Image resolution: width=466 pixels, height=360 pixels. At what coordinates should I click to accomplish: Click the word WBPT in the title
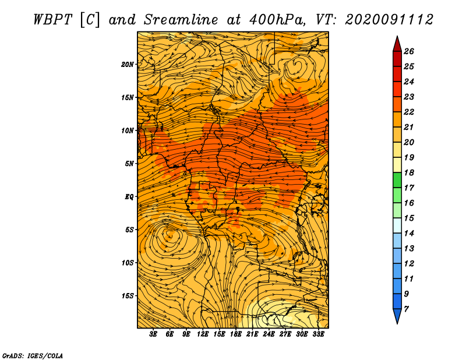point(52,20)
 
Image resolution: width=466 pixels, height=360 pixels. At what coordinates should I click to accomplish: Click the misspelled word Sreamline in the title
point(181,20)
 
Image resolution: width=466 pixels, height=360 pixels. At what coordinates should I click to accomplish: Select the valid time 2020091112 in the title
point(389,20)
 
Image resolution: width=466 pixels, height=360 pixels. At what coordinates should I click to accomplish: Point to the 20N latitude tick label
point(127,65)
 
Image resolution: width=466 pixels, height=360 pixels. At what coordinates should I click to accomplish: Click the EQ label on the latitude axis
point(129,197)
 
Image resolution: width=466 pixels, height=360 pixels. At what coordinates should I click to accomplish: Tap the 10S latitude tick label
point(127,263)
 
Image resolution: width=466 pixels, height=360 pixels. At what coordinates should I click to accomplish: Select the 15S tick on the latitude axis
point(127,296)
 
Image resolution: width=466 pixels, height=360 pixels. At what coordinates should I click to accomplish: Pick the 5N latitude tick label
point(129,164)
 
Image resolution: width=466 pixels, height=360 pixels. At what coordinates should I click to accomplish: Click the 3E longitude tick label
point(153,334)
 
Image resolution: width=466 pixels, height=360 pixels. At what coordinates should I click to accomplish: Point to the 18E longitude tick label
point(236,334)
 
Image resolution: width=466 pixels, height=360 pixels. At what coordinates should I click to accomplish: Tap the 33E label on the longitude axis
point(318,334)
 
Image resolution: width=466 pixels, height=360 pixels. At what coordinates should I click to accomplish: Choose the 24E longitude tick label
point(269,334)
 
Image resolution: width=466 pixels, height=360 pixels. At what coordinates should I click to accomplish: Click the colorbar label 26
point(409,51)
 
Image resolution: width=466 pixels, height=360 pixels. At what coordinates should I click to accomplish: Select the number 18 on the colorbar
point(409,172)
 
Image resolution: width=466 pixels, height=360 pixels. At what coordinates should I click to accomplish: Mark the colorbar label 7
point(407,309)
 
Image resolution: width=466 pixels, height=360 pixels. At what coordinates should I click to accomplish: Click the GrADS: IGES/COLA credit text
point(33,356)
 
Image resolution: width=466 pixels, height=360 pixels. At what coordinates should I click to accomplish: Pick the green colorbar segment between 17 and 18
point(397,180)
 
